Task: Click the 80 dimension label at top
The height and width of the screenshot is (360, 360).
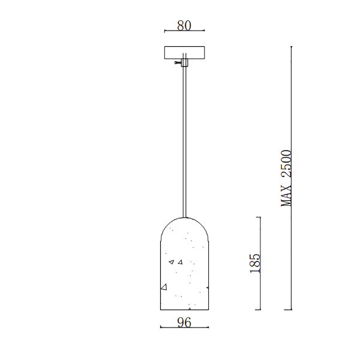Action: [184, 25]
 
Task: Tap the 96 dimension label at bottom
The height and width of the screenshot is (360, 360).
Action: [184, 322]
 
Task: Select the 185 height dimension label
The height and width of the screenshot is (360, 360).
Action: [255, 263]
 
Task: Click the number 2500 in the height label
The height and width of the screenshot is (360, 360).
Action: [286, 163]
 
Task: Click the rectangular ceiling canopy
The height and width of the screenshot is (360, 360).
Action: [184, 53]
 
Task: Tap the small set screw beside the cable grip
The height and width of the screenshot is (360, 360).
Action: [178, 62]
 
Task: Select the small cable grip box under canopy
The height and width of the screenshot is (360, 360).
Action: [185, 62]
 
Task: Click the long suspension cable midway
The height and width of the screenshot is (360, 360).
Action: [185, 142]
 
